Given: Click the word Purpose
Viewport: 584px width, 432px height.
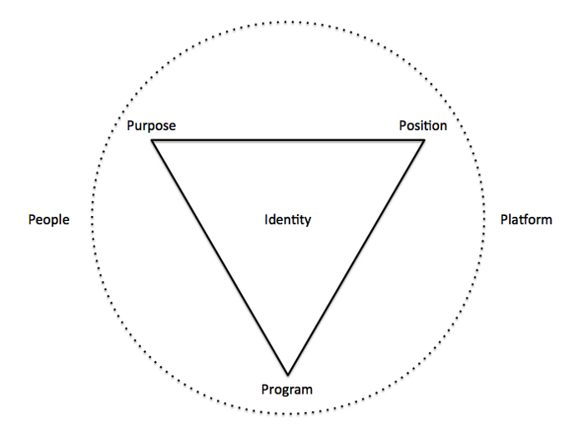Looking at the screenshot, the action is pos(151,126).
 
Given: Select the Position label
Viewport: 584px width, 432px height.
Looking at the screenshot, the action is pos(423,125).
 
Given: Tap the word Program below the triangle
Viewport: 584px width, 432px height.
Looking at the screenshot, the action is pos(287,390).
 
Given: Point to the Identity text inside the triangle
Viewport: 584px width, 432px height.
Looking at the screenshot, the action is pos(288,219).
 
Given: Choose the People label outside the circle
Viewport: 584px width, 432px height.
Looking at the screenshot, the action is pos(48,219).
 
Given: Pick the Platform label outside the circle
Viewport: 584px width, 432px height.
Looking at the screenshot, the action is pos(526,219).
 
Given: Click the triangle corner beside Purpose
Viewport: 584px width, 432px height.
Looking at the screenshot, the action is pos(152,140).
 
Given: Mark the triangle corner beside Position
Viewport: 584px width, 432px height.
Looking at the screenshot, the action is pos(425,140).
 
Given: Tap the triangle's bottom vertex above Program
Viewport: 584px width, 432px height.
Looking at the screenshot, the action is pos(288,374).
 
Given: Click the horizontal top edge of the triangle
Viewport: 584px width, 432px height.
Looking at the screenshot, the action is pos(288,140).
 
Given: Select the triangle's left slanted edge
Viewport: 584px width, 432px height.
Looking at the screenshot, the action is pos(219,258).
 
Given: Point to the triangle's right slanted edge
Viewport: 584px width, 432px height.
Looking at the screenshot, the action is pos(356,258).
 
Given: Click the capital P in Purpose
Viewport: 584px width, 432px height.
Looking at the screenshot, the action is pos(131,125).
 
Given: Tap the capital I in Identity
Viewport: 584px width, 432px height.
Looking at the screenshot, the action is pos(266,219).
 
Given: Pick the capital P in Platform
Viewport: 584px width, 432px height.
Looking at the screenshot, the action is pos(504,219).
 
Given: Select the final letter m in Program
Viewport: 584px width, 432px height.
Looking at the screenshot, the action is pos(307,390).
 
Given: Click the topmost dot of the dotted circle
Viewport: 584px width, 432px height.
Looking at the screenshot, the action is pos(288,23).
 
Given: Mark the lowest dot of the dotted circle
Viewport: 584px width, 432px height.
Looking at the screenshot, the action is pos(288,414).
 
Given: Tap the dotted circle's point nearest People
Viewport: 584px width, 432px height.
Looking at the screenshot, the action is pos(92,219).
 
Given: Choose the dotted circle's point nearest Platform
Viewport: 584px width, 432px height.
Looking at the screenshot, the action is pos(484,219).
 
